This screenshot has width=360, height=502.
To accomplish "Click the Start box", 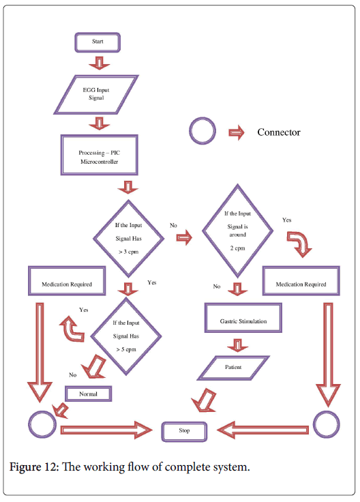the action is click(x=97, y=42).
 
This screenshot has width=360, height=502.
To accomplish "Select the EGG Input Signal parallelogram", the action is click(x=96, y=94).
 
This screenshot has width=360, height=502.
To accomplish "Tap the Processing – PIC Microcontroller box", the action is click(x=99, y=155).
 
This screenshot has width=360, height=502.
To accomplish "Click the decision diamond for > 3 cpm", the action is click(x=129, y=239).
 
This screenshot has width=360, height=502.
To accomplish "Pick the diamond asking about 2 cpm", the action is click(x=237, y=231).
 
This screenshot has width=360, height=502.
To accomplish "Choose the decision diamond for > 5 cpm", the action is click(x=126, y=336).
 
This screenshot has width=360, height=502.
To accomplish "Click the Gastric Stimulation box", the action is click(x=243, y=318).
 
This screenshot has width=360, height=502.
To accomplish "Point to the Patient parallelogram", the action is click(x=233, y=368).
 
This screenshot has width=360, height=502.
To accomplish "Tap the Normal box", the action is click(x=89, y=394).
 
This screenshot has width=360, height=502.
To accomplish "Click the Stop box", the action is click(x=184, y=432).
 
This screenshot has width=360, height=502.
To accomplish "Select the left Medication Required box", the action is click(x=67, y=281).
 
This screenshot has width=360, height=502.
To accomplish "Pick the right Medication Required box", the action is click(x=301, y=281).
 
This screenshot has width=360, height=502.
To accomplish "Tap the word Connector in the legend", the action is click(x=279, y=132).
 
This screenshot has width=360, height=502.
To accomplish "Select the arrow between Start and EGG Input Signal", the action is click(x=99, y=63).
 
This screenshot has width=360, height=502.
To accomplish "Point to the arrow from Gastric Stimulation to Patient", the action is click(x=237, y=346).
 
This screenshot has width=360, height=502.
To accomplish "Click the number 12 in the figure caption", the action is click(x=51, y=467).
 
